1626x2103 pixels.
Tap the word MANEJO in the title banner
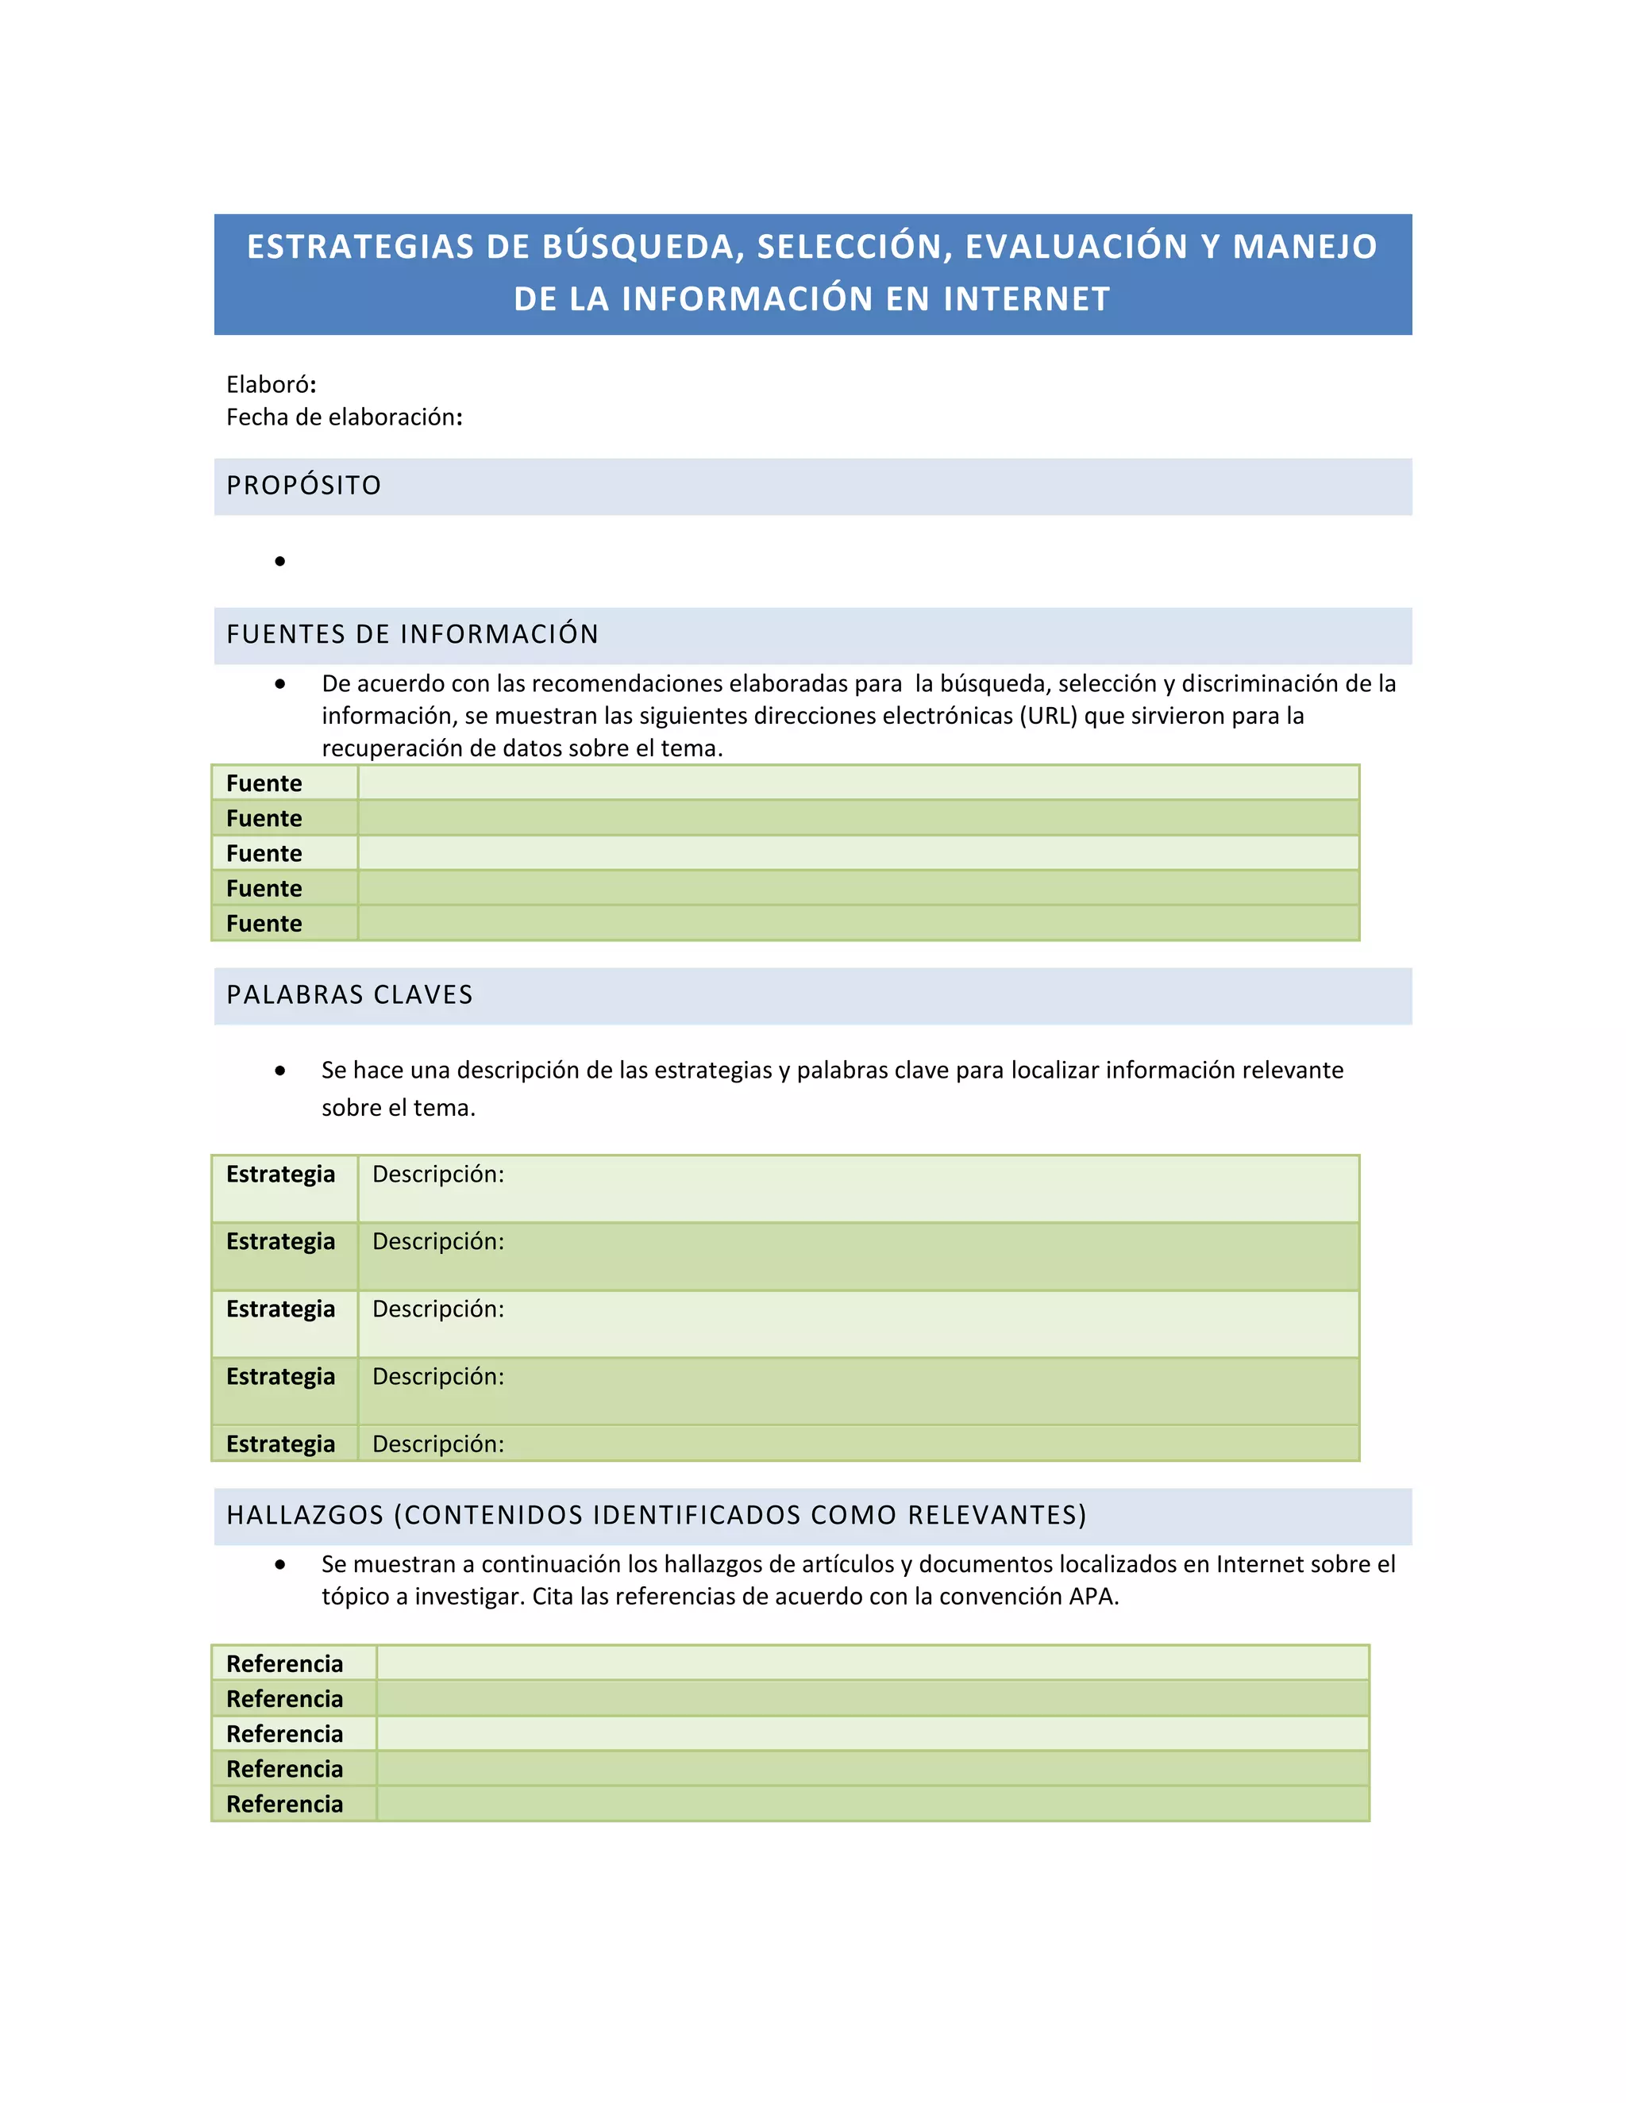(x=1305, y=248)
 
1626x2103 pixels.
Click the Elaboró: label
(x=271, y=385)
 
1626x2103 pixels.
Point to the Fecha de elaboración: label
(x=344, y=417)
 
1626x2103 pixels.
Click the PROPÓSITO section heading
(x=303, y=486)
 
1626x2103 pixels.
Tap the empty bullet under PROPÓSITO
(x=280, y=561)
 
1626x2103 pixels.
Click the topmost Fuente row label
(x=264, y=784)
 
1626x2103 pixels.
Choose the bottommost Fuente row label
(x=264, y=925)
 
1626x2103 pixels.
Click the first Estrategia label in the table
(x=280, y=1175)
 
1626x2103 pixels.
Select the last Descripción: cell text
(x=438, y=1444)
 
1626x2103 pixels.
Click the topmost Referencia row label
(x=284, y=1664)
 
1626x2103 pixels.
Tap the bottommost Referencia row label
(x=284, y=1805)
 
